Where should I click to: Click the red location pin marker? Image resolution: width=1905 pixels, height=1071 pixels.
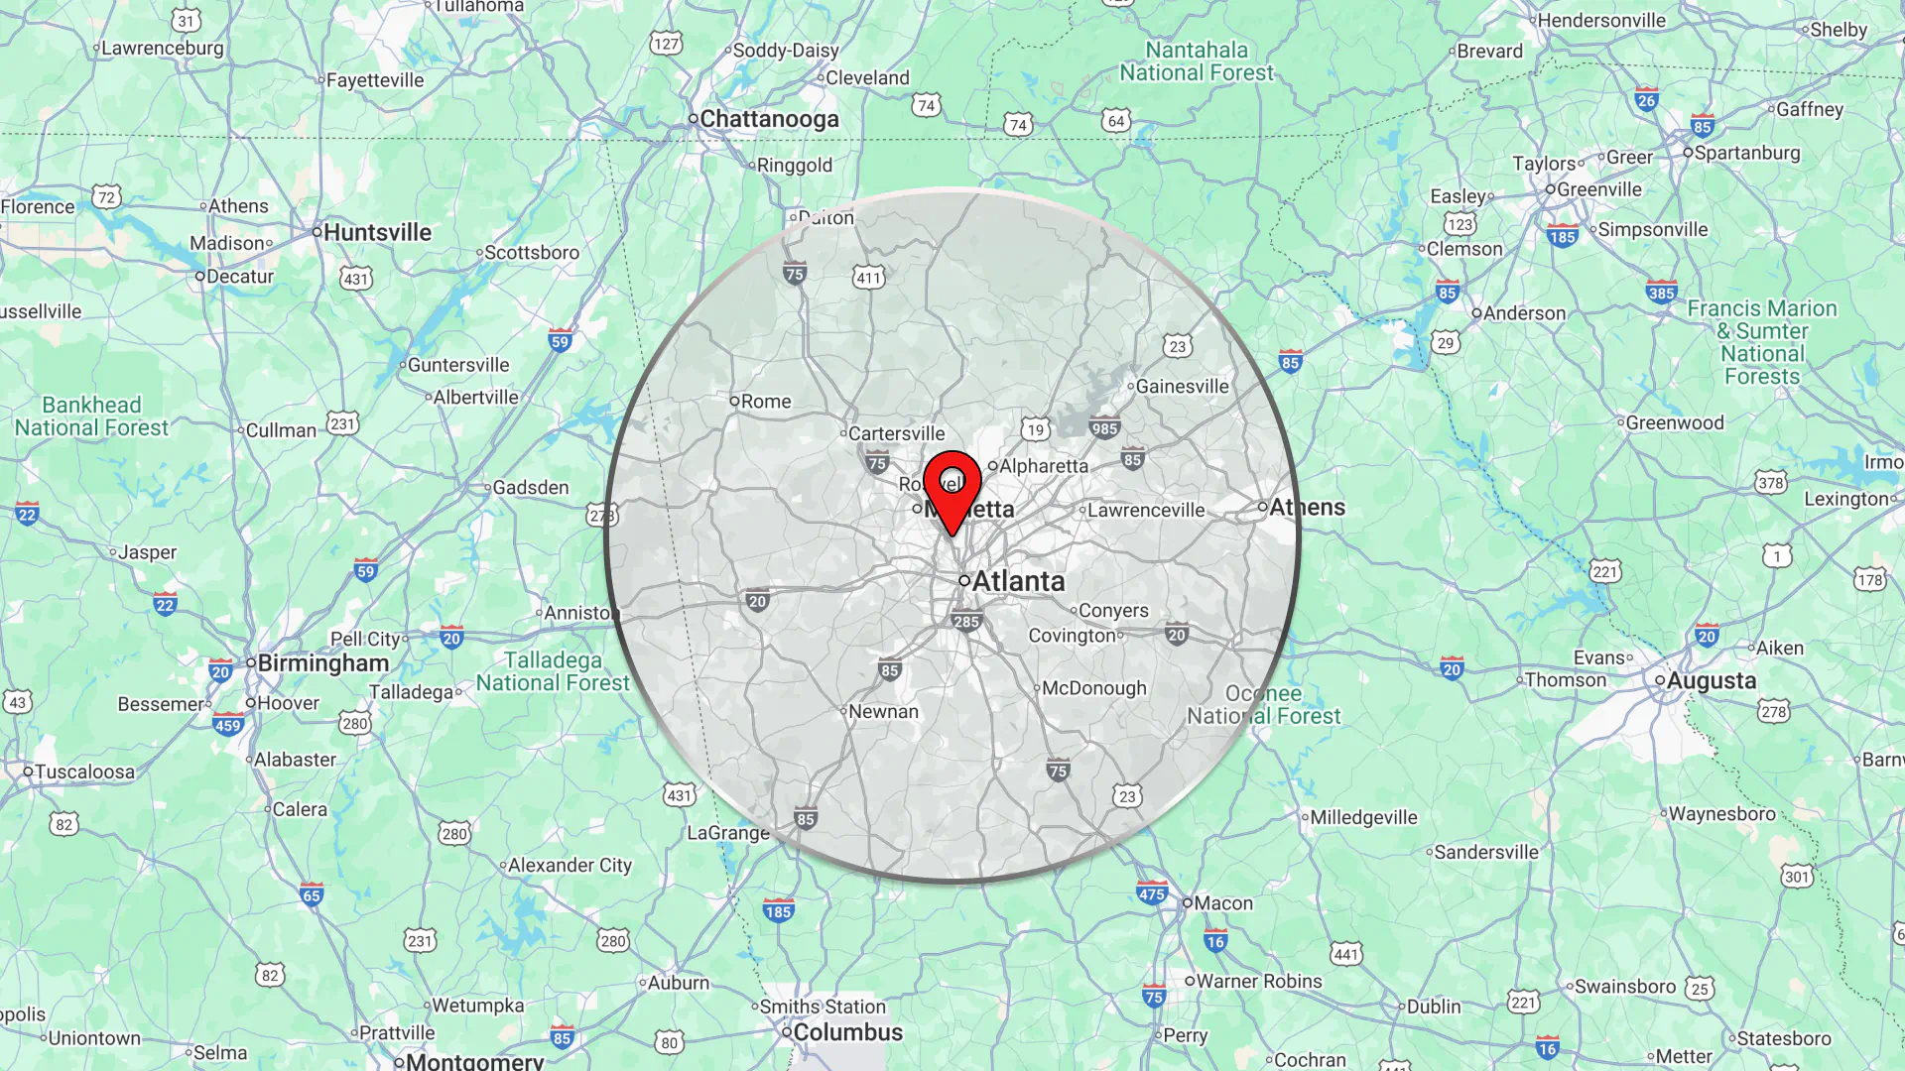click(952, 487)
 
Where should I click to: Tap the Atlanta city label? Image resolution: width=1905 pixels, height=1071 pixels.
click(1017, 581)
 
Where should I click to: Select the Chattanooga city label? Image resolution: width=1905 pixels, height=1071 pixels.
click(769, 119)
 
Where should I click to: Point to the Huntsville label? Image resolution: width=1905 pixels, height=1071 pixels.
click(377, 232)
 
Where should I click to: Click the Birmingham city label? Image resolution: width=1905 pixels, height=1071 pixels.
click(322, 663)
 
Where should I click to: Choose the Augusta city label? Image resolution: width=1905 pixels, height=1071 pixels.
click(1711, 680)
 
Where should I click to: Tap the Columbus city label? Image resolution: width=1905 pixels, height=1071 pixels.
click(847, 1032)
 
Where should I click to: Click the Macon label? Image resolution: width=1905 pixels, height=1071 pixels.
click(1222, 903)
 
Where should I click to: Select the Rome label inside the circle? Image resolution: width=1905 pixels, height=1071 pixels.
click(765, 402)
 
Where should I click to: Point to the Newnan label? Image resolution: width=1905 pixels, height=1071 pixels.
click(882, 712)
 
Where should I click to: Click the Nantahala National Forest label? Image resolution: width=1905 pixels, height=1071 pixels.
click(1197, 61)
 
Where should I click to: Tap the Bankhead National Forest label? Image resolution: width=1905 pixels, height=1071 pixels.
click(91, 416)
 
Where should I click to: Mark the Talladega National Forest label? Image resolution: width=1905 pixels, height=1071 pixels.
click(553, 671)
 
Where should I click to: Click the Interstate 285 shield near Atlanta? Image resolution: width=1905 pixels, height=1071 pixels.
click(965, 622)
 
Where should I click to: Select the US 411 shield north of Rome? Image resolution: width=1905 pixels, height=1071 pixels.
click(868, 278)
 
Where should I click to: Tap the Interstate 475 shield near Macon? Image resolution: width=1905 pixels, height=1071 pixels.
click(1151, 893)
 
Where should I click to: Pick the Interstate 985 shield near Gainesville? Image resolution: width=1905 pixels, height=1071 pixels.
click(1103, 428)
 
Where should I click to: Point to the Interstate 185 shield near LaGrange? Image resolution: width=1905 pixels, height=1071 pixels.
click(778, 911)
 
